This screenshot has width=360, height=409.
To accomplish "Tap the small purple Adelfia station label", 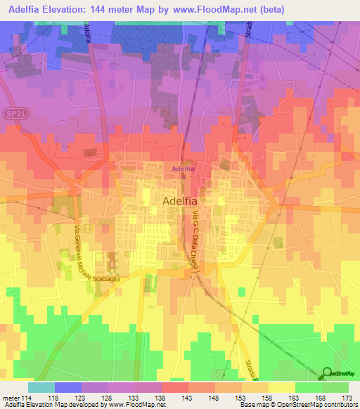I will click(x=184, y=169).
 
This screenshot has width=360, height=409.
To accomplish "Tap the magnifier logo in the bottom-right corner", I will click(x=328, y=372).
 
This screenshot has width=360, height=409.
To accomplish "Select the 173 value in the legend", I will click(x=347, y=397).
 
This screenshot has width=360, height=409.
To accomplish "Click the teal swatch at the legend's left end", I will click(x=41, y=387).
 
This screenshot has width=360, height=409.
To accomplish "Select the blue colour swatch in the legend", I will click(x=68, y=387).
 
